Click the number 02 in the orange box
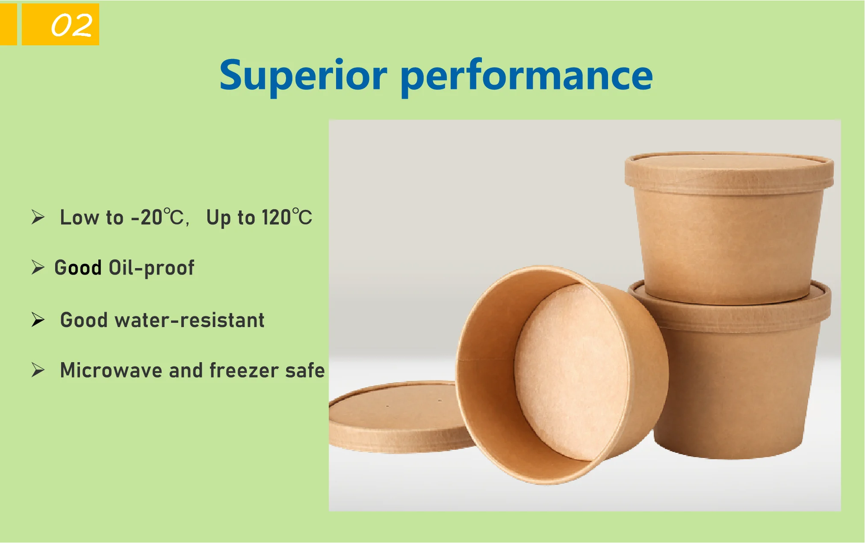click(71, 25)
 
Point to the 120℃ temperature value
click(286, 217)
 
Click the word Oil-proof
click(151, 268)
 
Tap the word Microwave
click(111, 370)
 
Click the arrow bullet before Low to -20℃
click(38, 217)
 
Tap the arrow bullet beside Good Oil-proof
click(38, 268)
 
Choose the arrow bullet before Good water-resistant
click(38, 320)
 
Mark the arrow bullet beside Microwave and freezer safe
click(38, 370)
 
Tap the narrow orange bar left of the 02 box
click(8, 24)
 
